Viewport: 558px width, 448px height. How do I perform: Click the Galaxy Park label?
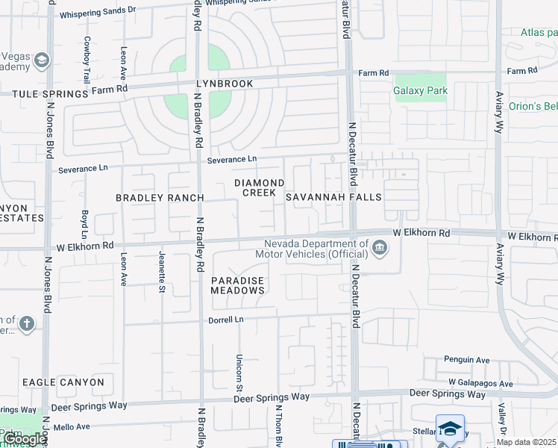pyautogui.click(x=420, y=91)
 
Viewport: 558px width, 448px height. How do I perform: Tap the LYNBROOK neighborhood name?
pyautogui.click(x=225, y=84)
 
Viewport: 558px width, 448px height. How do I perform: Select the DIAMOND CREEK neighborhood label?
pyautogui.click(x=259, y=187)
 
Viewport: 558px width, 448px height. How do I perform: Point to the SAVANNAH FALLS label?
pyautogui.click(x=333, y=197)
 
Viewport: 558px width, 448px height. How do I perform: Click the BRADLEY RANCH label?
pyautogui.click(x=160, y=198)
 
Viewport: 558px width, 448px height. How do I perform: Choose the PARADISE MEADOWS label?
pyautogui.click(x=238, y=285)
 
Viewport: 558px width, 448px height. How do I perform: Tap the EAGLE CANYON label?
pyautogui.click(x=63, y=382)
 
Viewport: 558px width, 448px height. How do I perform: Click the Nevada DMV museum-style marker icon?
pyautogui.click(x=380, y=248)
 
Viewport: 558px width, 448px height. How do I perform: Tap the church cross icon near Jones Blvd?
pyautogui.click(x=27, y=324)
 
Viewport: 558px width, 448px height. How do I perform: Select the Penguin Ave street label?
pyautogui.click(x=466, y=360)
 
